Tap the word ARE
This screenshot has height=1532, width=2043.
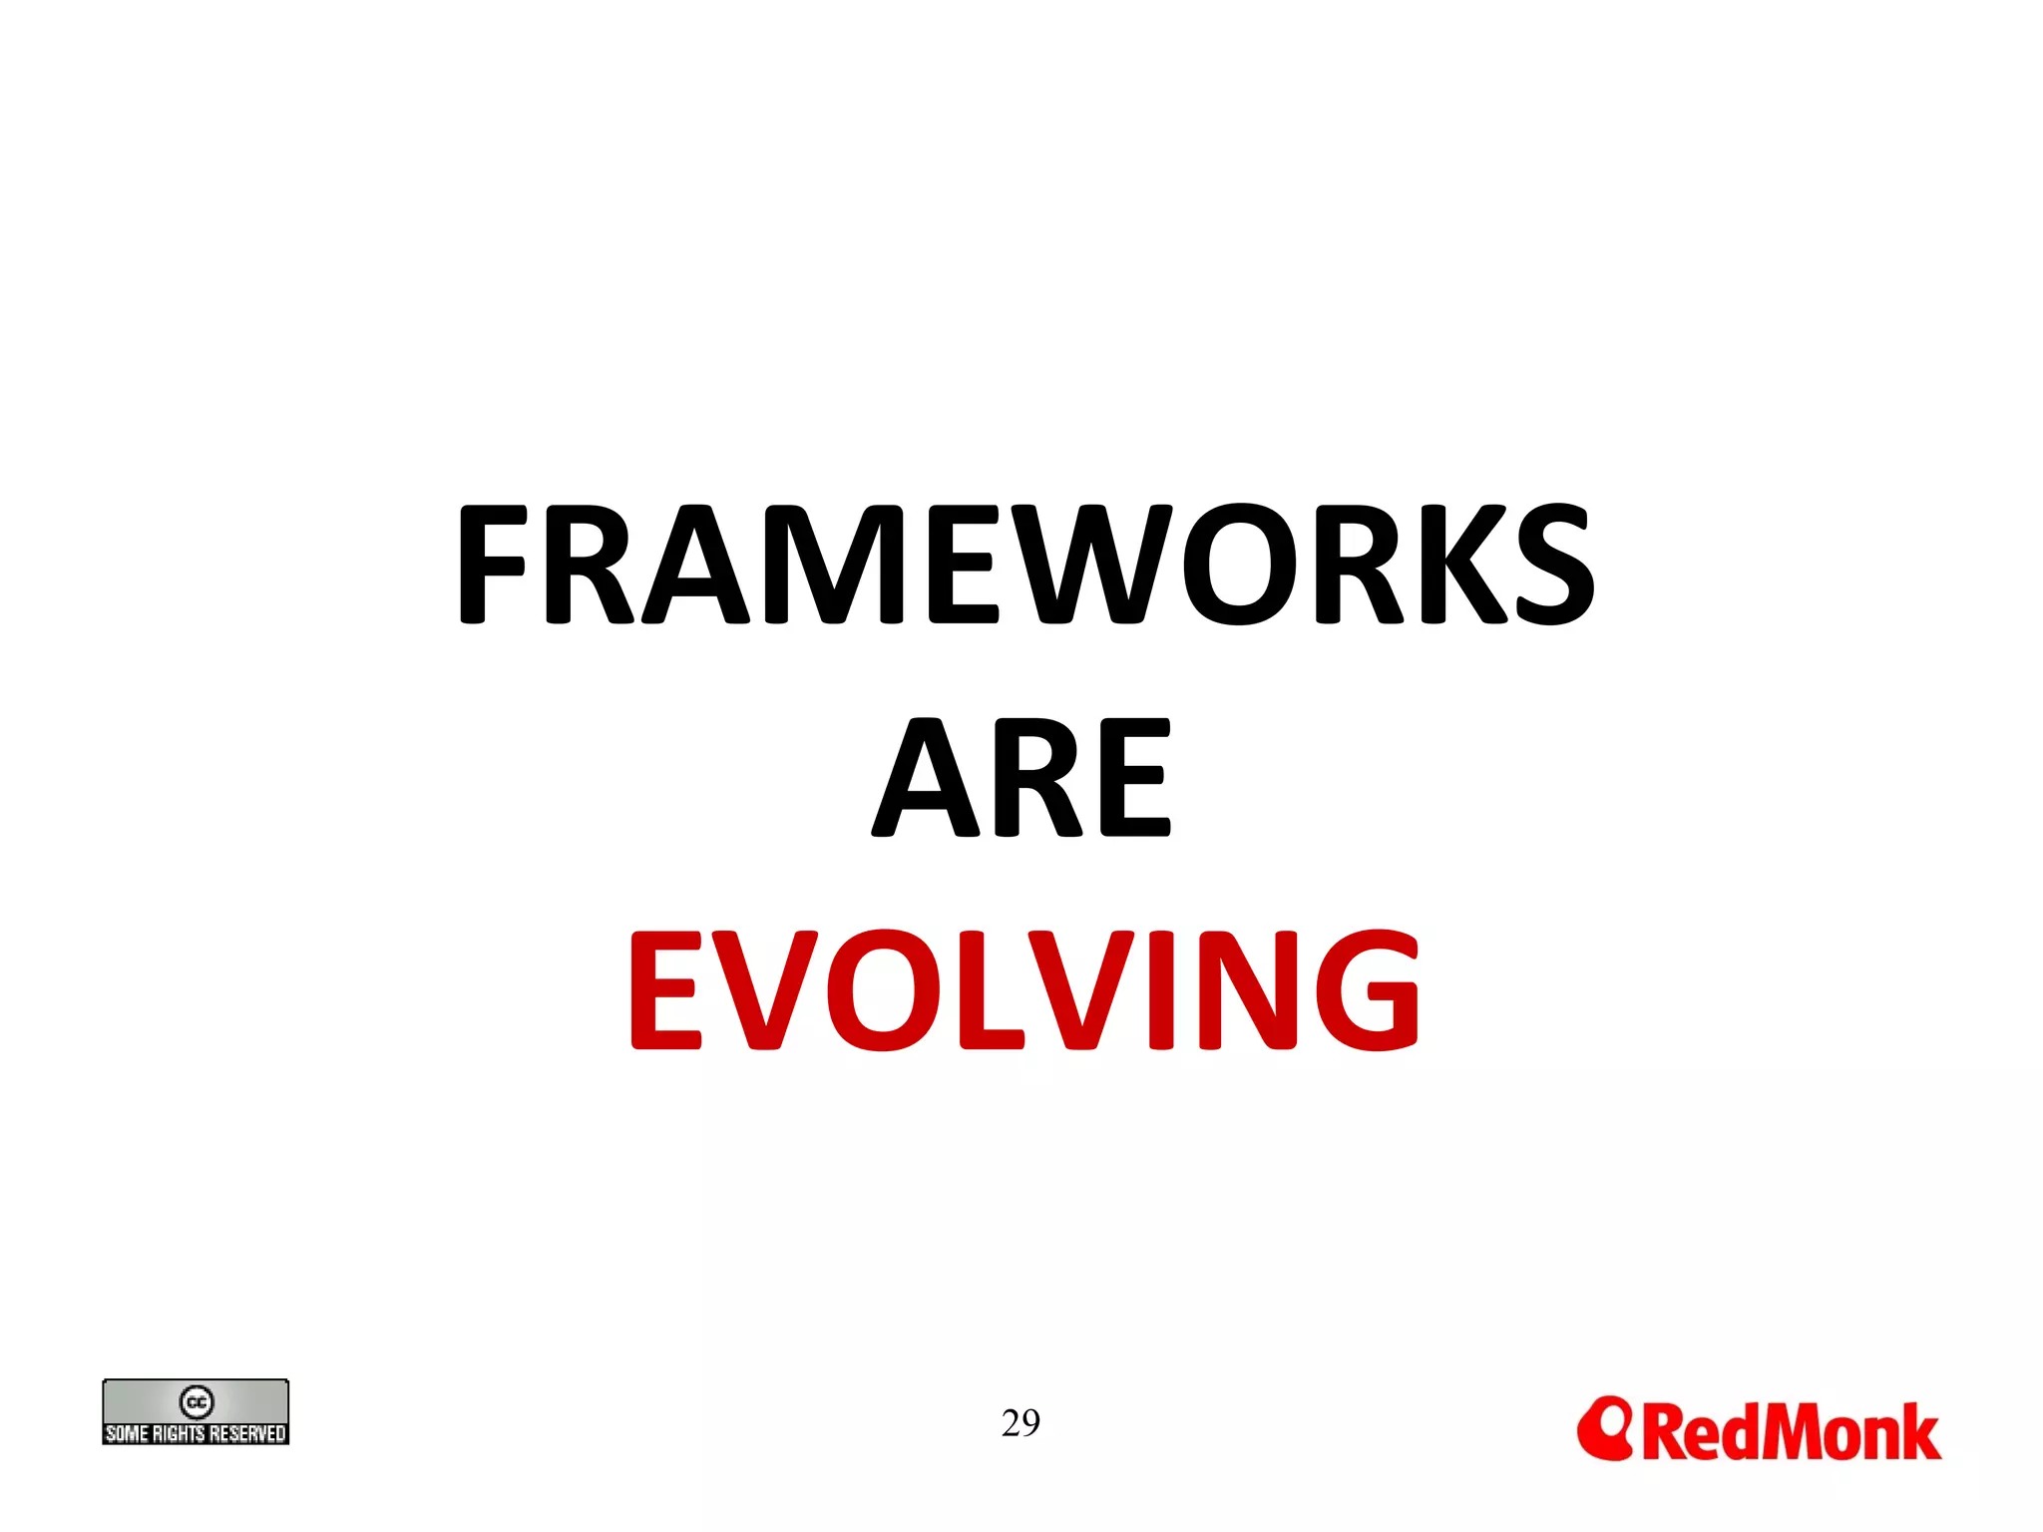(x=1021, y=779)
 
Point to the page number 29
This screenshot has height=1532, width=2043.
(x=1021, y=1422)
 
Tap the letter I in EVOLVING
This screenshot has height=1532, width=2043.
(x=1160, y=989)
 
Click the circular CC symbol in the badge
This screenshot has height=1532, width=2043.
(x=197, y=1401)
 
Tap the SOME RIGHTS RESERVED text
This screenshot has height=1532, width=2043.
(x=196, y=1433)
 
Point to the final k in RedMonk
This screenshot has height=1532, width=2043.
(x=1918, y=1432)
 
